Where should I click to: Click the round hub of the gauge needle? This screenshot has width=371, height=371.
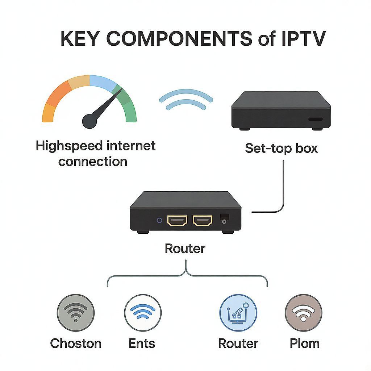click(89, 121)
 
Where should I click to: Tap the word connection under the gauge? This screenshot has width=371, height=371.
click(93, 161)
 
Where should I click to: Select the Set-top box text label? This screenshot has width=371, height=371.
click(281, 148)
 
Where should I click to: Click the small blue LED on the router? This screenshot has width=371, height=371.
click(159, 220)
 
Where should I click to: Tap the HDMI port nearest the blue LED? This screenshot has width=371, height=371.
click(177, 220)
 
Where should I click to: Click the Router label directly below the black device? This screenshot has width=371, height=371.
click(185, 249)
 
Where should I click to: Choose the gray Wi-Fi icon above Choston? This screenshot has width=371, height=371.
click(76, 312)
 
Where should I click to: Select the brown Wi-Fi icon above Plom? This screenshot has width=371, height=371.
click(303, 312)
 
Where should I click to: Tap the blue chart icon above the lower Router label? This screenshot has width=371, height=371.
click(238, 312)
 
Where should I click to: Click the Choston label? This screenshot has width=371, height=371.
click(76, 343)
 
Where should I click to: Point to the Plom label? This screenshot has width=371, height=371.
click(305, 343)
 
